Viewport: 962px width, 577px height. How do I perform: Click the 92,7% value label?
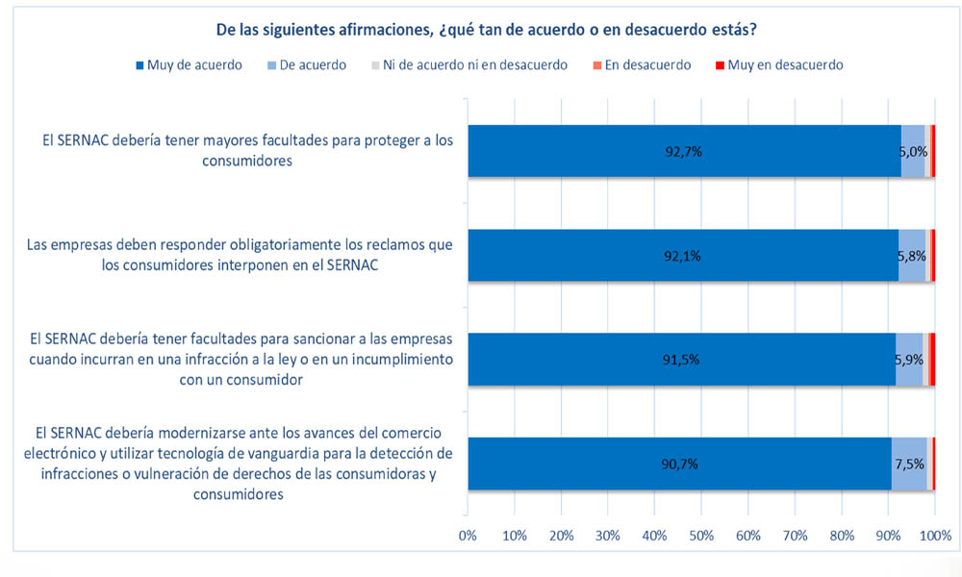(x=685, y=151)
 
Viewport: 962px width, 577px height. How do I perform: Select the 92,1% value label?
(x=685, y=256)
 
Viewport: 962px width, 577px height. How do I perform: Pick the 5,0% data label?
(x=913, y=151)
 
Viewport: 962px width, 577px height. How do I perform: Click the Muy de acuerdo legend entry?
(x=188, y=64)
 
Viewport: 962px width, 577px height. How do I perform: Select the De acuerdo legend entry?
(x=307, y=64)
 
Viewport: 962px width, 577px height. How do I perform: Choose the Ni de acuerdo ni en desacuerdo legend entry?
(x=468, y=64)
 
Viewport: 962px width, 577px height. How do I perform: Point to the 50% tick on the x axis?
(x=701, y=535)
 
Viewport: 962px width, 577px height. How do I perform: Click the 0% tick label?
(x=468, y=535)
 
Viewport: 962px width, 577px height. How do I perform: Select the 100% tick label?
(x=934, y=535)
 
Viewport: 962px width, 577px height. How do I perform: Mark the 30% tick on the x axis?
(x=608, y=535)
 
